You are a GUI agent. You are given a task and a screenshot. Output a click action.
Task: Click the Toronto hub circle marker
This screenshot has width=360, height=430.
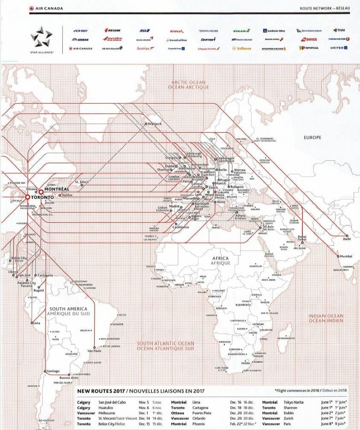tap(27, 197)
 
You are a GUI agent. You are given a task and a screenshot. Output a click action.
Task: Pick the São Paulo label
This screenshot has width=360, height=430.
tap(94, 350)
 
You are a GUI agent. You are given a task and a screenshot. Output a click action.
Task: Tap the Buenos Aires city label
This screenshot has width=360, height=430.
tap(68, 377)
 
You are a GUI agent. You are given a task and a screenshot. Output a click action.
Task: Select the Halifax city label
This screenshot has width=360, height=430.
tap(67, 195)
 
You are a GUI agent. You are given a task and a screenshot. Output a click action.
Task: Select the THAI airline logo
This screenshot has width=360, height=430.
tap(341, 30)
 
